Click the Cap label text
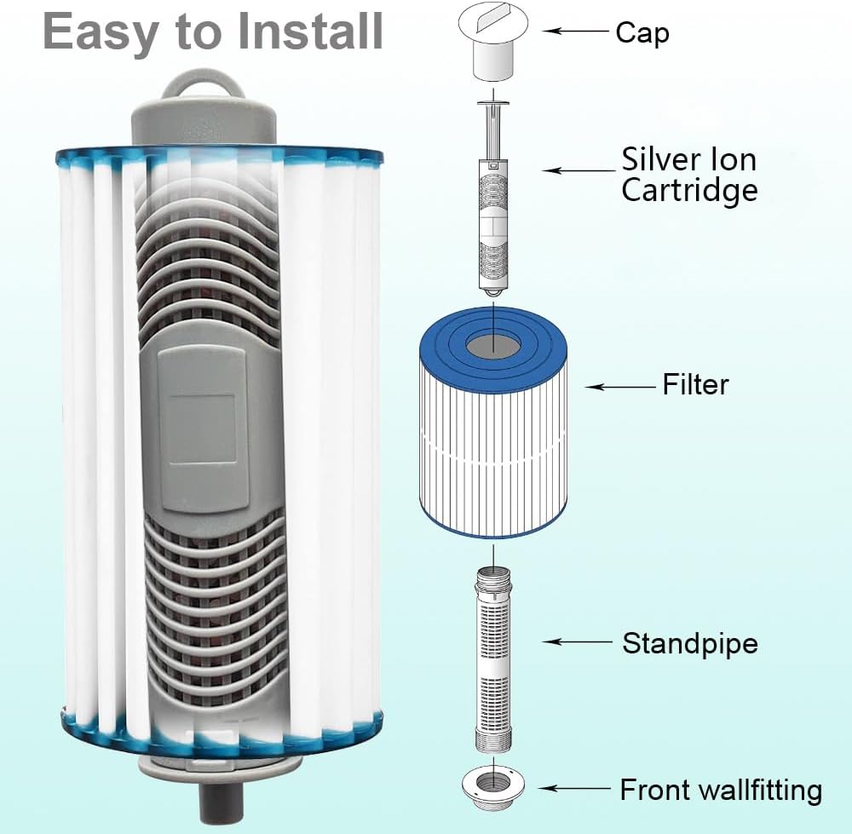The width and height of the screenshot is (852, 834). (x=642, y=33)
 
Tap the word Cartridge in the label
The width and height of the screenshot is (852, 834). (x=688, y=190)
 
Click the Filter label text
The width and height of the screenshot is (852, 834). (x=695, y=385)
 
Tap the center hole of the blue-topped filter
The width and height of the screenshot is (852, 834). (x=493, y=344)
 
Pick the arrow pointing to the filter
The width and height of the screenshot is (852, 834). (x=619, y=387)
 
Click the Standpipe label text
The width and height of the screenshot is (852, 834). (x=689, y=643)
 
